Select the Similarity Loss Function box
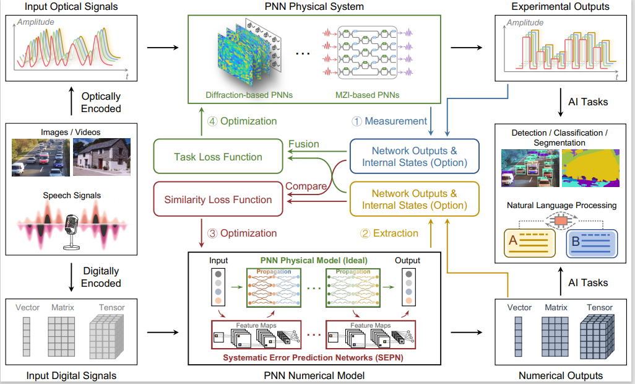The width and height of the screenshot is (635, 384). coord(217,200)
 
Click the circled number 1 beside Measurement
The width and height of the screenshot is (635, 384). coord(356,121)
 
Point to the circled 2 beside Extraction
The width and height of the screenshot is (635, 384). coord(365,233)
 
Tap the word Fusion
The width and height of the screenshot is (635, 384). coord(304,144)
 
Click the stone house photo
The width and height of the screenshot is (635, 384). coord(102,157)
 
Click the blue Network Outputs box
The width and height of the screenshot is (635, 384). coord(414,157)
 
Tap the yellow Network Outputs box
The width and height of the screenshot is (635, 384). coord(414,199)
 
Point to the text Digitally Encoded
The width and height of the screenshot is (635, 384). coord(101,277)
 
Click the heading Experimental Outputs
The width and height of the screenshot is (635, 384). coord(560,7)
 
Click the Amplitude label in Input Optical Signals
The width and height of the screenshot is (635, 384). coord(35,22)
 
